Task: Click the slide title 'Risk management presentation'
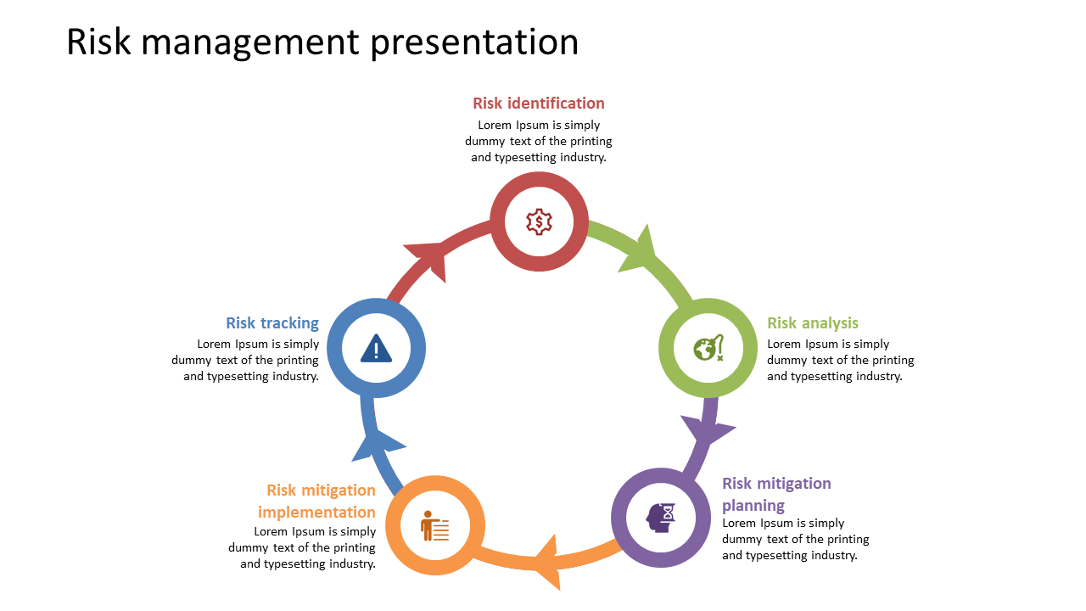click(322, 42)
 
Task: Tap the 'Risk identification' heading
click(539, 104)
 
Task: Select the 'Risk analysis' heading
click(812, 323)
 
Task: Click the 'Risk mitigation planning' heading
click(776, 494)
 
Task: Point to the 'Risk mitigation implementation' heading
click(317, 502)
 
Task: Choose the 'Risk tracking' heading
click(272, 323)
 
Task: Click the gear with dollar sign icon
click(539, 221)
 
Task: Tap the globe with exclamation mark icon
click(708, 348)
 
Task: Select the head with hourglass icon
click(661, 517)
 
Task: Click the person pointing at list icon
click(434, 526)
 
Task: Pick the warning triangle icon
click(376, 348)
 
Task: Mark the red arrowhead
click(428, 256)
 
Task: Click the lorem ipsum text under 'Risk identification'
click(539, 141)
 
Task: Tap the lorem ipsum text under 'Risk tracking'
click(246, 360)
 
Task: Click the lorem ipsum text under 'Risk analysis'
click(840, 360)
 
